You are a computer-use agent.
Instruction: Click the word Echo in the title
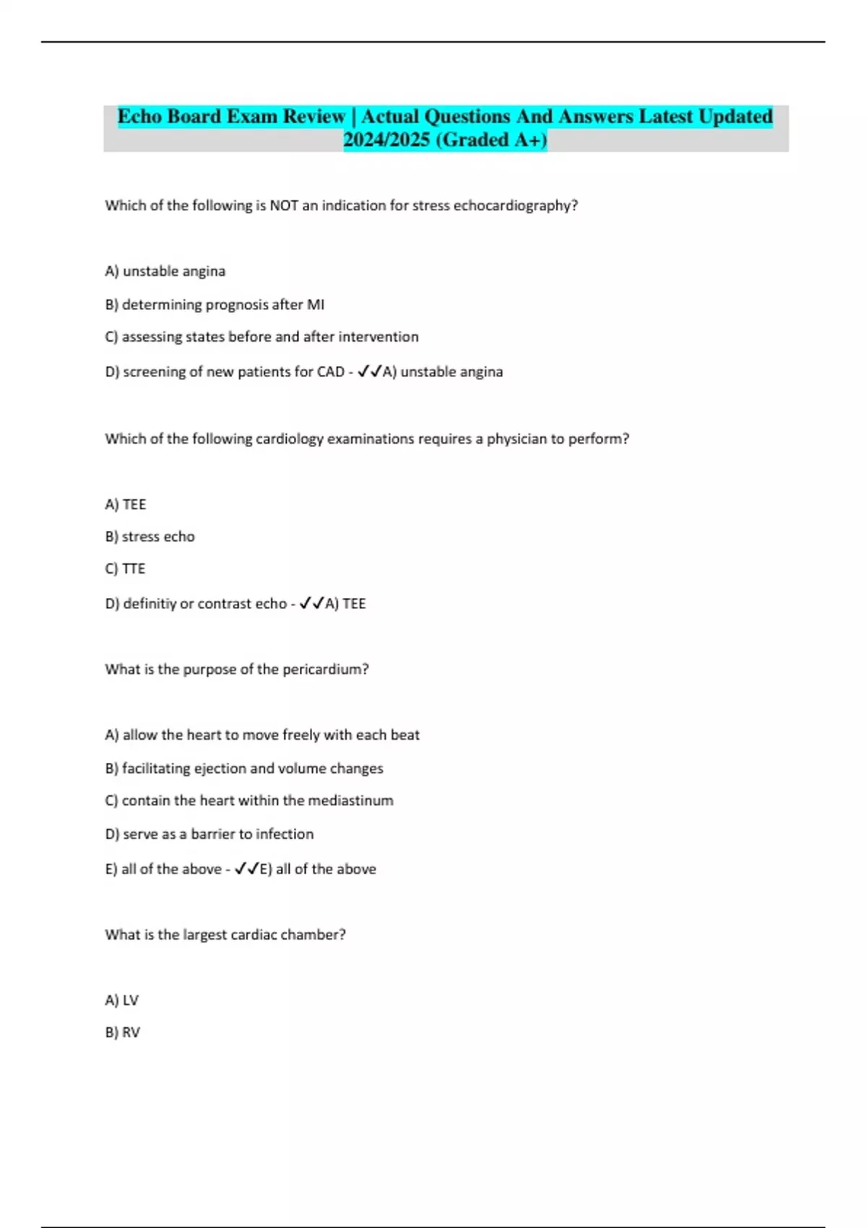[x=139, y=116]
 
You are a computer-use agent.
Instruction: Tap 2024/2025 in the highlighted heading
[x=386, y=139]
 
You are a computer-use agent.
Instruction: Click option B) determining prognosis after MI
[x=215, y=305]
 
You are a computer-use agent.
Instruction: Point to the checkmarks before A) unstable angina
[x=370, y=371]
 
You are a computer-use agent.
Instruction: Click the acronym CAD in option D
[x=330, y=372]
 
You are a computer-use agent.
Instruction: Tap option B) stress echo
[x=150, y=537]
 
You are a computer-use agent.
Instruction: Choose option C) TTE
[x=125, y=569]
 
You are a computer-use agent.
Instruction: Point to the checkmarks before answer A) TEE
[x=311, y=603]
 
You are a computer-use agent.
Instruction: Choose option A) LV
[x=121, y=1000]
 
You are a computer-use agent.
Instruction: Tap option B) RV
[x=122, y=1033]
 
